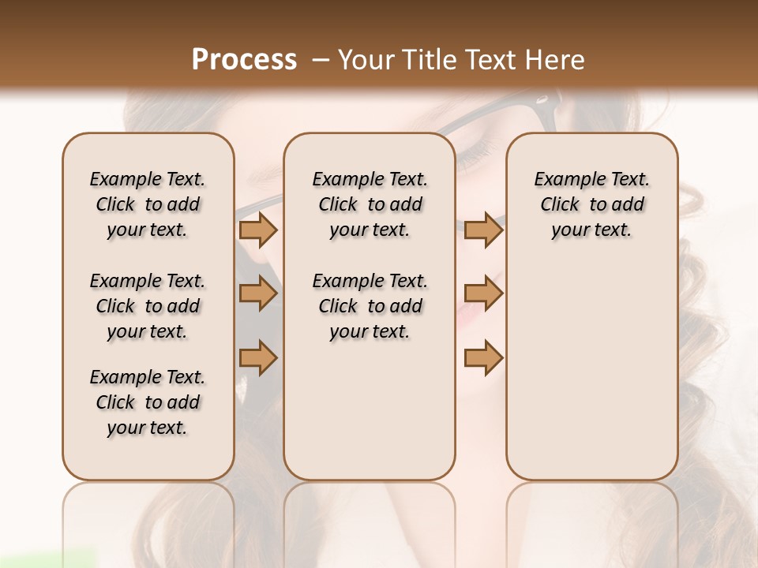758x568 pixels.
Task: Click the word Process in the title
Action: [x=244, y=59]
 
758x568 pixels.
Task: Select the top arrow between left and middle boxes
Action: [x=258, y=230]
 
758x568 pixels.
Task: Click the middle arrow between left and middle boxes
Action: [x=258, y=293]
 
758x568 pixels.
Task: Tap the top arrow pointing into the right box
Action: [x=483, y=230]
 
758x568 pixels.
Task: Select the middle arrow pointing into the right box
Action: [x=483, y=293]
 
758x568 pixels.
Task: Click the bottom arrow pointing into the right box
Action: [x=483, y=358]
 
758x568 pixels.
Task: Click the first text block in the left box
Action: [x=147, y=204]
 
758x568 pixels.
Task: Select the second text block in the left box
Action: [x=147, y=306]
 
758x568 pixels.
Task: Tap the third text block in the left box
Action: [x=147, y=402]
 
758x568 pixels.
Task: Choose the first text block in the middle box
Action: [x=370, y=204]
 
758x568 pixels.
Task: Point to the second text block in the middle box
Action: [x=370, y=306]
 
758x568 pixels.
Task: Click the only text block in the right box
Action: [x=591, y=204]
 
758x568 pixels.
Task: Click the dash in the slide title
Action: [x=320, y=59]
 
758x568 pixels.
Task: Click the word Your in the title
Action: [x=363, y=59]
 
